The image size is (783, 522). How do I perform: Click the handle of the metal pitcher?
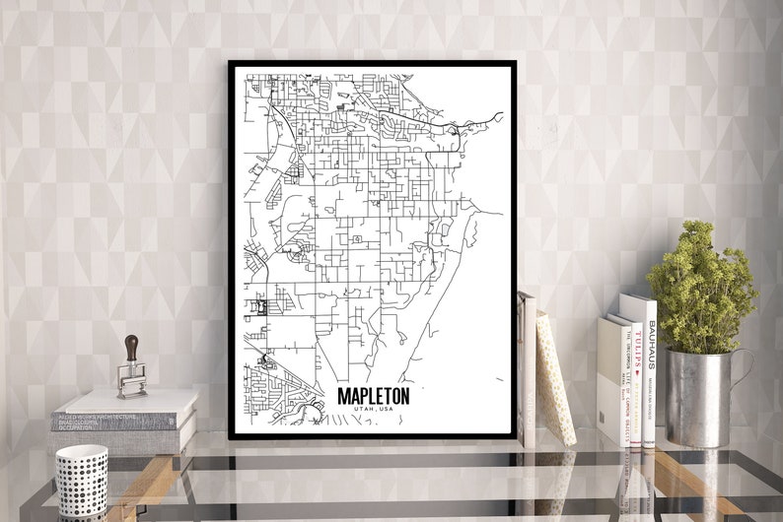(742, 368)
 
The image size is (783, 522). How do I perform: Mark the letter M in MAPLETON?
(343, 395)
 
